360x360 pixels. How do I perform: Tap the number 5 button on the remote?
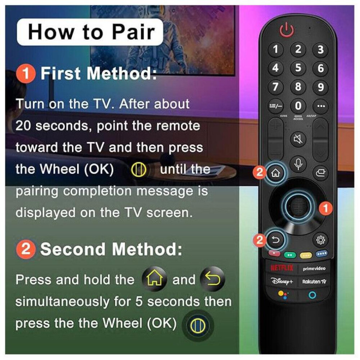point(298,68)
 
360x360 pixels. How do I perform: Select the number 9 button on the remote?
point(320,87)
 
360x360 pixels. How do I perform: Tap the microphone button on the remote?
point(298,164)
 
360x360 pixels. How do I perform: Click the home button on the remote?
point(276,173)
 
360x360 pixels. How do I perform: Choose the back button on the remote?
point(276,240)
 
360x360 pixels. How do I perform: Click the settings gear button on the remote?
point(320,240)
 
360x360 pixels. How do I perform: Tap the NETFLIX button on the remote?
point(282,268)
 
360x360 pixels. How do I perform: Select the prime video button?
point(314,268)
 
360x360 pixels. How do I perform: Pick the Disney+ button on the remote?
point(282,281)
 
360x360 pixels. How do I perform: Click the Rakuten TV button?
point(314,281)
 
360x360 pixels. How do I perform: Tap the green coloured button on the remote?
point(290,255)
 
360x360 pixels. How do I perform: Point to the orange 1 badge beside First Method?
point(26,73)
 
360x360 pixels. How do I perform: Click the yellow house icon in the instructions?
point(155,279)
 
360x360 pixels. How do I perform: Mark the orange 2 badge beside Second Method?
point(26,249)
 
